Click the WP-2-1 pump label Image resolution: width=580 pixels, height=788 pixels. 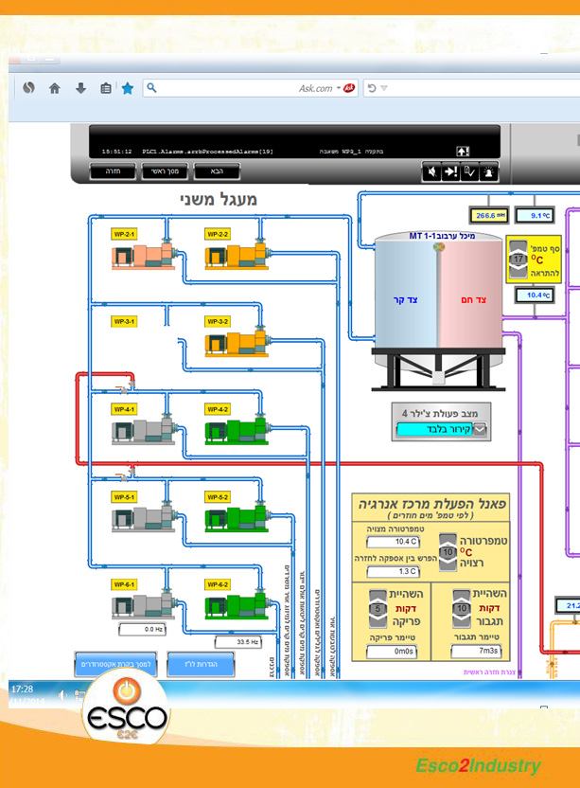pyautogui.click(x=124, y=233)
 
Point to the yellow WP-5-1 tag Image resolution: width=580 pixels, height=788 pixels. pyautogui.click(x=124, y=497)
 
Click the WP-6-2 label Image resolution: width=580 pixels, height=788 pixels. pyautogui.click(x=218, y=584)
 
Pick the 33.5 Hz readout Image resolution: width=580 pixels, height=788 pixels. pyautogui.click(x=248, y=642)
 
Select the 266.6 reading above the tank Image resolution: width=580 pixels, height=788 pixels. pyautogui.click(x=489, y=215)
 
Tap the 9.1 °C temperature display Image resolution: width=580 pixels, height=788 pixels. pyautogui.click(x=540, y=215)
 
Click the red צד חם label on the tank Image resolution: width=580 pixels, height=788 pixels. pyautogui.click(x=474, y=300)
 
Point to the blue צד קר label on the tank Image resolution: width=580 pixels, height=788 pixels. pyautogui.click(x=405, y=300)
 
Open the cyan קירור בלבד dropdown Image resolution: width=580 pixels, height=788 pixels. pyautogui.click(x=444, y=430)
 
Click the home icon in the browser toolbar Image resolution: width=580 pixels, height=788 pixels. pyautogui.click(x=55, y=88)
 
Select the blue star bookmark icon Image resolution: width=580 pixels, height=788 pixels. pyautogui.click(x=127, y=88)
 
